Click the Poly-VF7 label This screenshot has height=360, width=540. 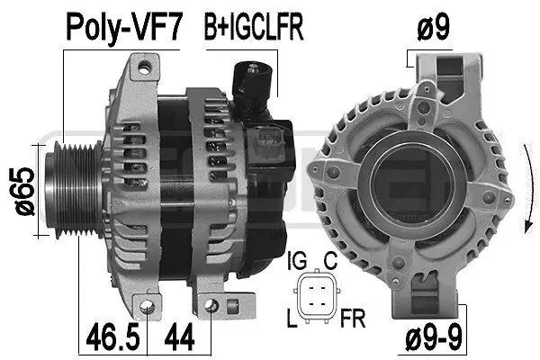click(122, 28)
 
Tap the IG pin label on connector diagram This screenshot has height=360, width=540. click(295, 262)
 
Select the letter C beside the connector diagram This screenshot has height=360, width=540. click(330, 262)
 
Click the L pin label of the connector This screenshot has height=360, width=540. click(292, 318)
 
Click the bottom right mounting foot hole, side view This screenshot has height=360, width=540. click(211, 307)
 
